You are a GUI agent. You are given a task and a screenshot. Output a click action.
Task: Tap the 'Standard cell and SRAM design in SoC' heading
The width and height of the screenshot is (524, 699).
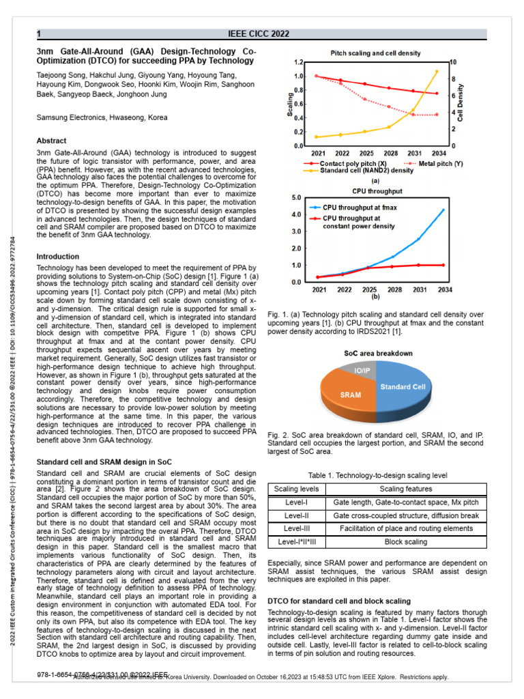click(x=104, y=462)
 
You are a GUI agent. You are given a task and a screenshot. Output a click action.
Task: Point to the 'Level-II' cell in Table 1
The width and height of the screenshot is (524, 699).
click(x=296, y=515)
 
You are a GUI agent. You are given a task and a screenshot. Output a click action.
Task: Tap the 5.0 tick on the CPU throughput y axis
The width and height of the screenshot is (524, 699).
click(x=296, y=198)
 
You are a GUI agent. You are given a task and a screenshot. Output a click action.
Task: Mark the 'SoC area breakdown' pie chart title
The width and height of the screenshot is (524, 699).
click(x=377, y=353)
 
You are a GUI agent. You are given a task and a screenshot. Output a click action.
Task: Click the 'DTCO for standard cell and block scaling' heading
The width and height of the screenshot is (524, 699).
click(x=338, y=601)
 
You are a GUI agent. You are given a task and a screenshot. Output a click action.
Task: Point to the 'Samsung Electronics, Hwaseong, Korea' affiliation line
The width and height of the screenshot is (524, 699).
click(x=102, y=117)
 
